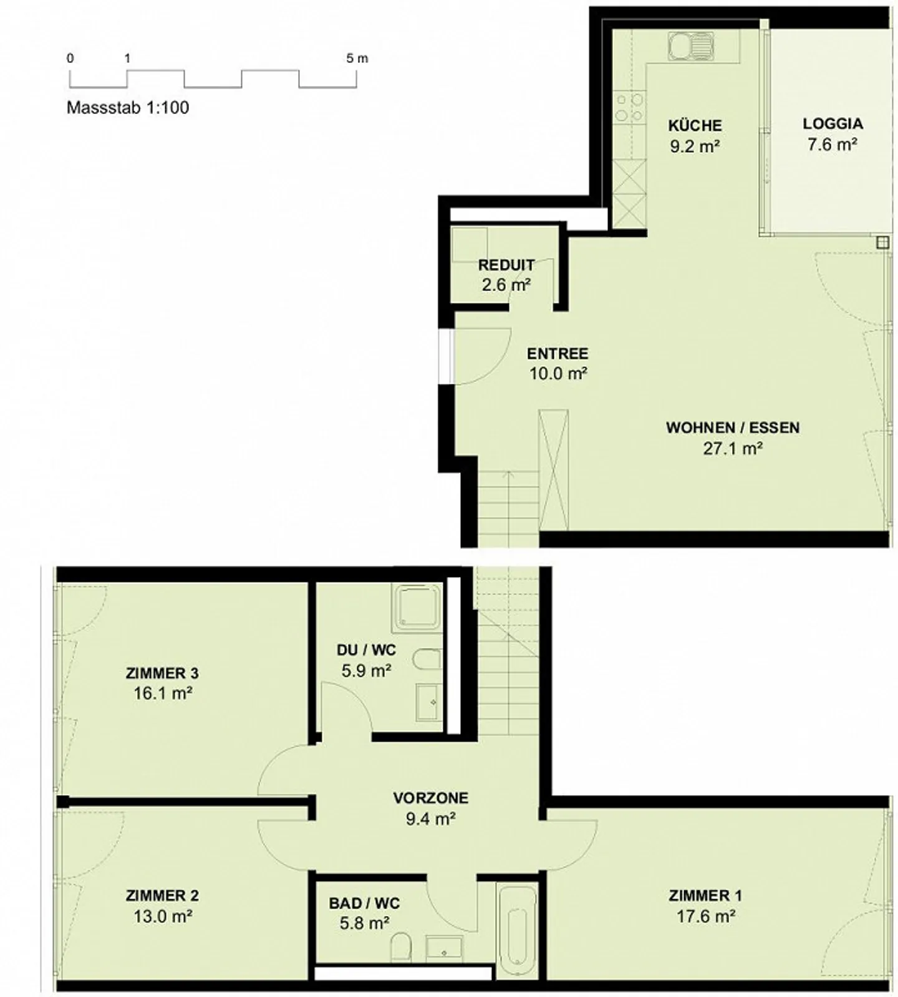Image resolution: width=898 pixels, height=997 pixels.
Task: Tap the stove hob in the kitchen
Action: (629, 107)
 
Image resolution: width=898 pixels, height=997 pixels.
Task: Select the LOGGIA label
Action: (833, 123)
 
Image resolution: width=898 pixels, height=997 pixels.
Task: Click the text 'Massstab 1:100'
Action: (128, 107)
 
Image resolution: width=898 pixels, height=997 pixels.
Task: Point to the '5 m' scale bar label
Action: (357, 59)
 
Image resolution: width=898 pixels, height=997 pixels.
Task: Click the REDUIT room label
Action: (506, 265)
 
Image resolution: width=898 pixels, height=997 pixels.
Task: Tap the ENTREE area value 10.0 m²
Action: (558, 374)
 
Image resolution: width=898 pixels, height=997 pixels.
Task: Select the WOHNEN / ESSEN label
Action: (733, 427)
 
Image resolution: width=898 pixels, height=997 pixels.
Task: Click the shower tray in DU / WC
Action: (417, 605)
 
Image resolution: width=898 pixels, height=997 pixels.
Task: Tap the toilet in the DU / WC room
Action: (428, 661)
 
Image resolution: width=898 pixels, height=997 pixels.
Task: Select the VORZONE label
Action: (430, 798)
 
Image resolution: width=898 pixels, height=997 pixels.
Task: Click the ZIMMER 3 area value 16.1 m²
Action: (162, 694)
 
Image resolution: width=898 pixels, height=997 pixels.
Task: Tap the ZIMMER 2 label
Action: (162, 895)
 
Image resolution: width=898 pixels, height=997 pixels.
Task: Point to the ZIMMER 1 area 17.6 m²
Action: (705, 917)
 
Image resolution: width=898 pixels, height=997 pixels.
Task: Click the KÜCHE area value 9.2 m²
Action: (695, 146)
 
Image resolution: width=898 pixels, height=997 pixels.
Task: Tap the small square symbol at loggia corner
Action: (882, 243)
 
